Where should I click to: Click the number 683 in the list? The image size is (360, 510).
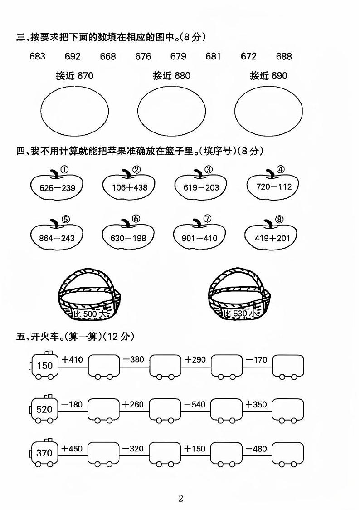tap(37, 56)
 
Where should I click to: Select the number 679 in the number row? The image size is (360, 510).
tap(178, 56)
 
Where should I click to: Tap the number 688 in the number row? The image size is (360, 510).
tap(284, 56)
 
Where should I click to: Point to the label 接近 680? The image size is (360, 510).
tap(171, 76)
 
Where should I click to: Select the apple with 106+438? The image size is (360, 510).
tap(129, 184)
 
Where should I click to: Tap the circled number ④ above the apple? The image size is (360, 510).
tap(280, 169)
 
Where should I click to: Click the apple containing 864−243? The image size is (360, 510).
tap(57, 235)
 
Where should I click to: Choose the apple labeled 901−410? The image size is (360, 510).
tap(199, 235)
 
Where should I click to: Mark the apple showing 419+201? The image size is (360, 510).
tap(272, 235)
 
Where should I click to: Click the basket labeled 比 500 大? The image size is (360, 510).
tap(89, 296)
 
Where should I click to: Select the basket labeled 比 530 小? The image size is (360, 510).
tap(239, 296)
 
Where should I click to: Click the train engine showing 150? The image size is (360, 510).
tap(44, 365)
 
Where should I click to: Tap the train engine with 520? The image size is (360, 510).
tap(44, 409)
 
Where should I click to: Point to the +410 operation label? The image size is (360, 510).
tap(72, 359)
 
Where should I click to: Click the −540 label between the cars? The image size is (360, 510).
tap(195, 404)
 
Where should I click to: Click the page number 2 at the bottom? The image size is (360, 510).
tap(181, 498)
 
